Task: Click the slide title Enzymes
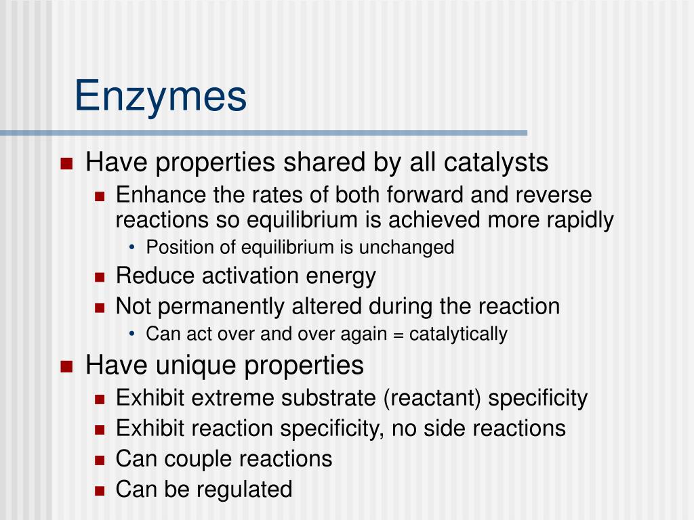[160, 96]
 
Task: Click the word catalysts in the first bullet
[495, 162]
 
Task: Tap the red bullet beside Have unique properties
[66, 366]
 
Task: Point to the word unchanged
[407, 247]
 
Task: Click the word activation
[250, 276]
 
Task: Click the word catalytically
[458, 334]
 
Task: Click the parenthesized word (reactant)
[432, 398]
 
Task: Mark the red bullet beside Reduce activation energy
[100, 277]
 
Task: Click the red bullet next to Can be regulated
[100, 491]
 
